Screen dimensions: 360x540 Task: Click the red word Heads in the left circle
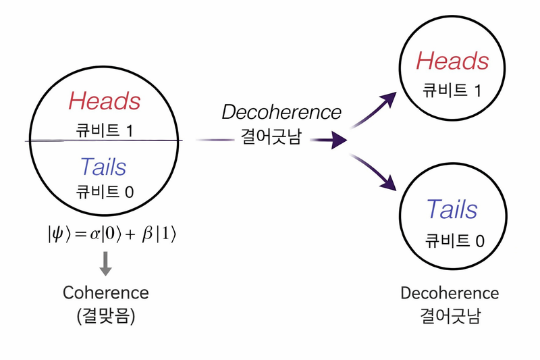click(105, 102)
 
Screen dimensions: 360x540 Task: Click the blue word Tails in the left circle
click(103, 166)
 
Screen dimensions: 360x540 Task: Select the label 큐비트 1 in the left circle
click(105, 128)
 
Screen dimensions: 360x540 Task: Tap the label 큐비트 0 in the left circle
click(105, 191)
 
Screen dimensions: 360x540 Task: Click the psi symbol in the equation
click(56, 236)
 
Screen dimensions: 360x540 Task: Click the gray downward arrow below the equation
click(105, 263)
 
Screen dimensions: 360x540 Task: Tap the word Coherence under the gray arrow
click(105, 292)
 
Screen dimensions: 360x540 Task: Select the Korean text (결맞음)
click(106, 315)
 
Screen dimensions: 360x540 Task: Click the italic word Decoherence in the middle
click(282, 111)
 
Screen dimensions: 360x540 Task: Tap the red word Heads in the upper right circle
click(452, 61)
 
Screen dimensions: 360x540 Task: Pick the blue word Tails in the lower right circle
click(452, 209)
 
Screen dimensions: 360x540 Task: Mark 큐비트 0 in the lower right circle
click(454, 240)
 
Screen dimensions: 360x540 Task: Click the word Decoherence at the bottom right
click(450, 294)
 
